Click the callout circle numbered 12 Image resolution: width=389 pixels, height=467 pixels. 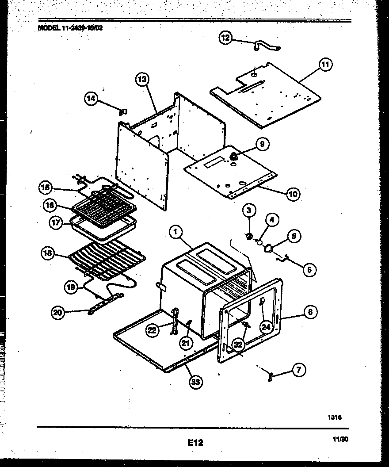[225, 38]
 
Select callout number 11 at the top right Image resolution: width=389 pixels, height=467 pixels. [325, 65]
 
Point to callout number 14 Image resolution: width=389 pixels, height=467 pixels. [91, 99]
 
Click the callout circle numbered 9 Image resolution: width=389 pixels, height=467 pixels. [262, 144]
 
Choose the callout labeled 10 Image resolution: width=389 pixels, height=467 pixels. [293, 193]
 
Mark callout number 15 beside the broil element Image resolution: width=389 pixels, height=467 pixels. [45, 188]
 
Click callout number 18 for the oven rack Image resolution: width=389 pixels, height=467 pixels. [48, 253]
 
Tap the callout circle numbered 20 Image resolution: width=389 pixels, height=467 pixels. [57, 313]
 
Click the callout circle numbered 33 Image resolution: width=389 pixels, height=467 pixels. [194, 383]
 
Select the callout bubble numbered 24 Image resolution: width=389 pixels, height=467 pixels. [265, 327]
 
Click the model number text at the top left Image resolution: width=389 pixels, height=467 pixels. [71, 27]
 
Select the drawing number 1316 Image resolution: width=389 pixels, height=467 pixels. [335, 417]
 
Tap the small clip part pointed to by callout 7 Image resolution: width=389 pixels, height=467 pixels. [270, 376]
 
